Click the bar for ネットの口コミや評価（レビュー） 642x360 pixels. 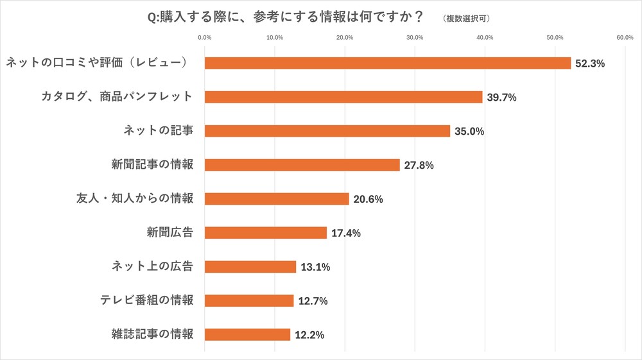pos(388,63)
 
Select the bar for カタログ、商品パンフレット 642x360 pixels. pos(343,97)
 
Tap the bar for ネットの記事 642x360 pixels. pos(327,131)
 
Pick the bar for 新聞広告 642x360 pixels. pos(266,233)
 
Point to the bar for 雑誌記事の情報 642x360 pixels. pos(247,334)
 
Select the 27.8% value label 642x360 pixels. pos(419,166)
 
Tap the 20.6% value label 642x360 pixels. pos(368,200)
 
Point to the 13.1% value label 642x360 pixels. pos(315,267)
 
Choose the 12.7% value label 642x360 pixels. pos(312,301)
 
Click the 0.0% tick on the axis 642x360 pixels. pos(205,38)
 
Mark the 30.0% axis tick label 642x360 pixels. pos(415,38)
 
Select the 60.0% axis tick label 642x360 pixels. pos(625,38)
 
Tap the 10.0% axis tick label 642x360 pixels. pos(275,38)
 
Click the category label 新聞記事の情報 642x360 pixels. pos(153,164)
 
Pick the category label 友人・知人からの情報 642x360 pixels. pos(135,198)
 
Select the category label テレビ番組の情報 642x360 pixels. pos(147,300)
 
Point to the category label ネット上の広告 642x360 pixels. pos(153,266)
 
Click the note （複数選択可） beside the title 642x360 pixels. pos(466,18)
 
